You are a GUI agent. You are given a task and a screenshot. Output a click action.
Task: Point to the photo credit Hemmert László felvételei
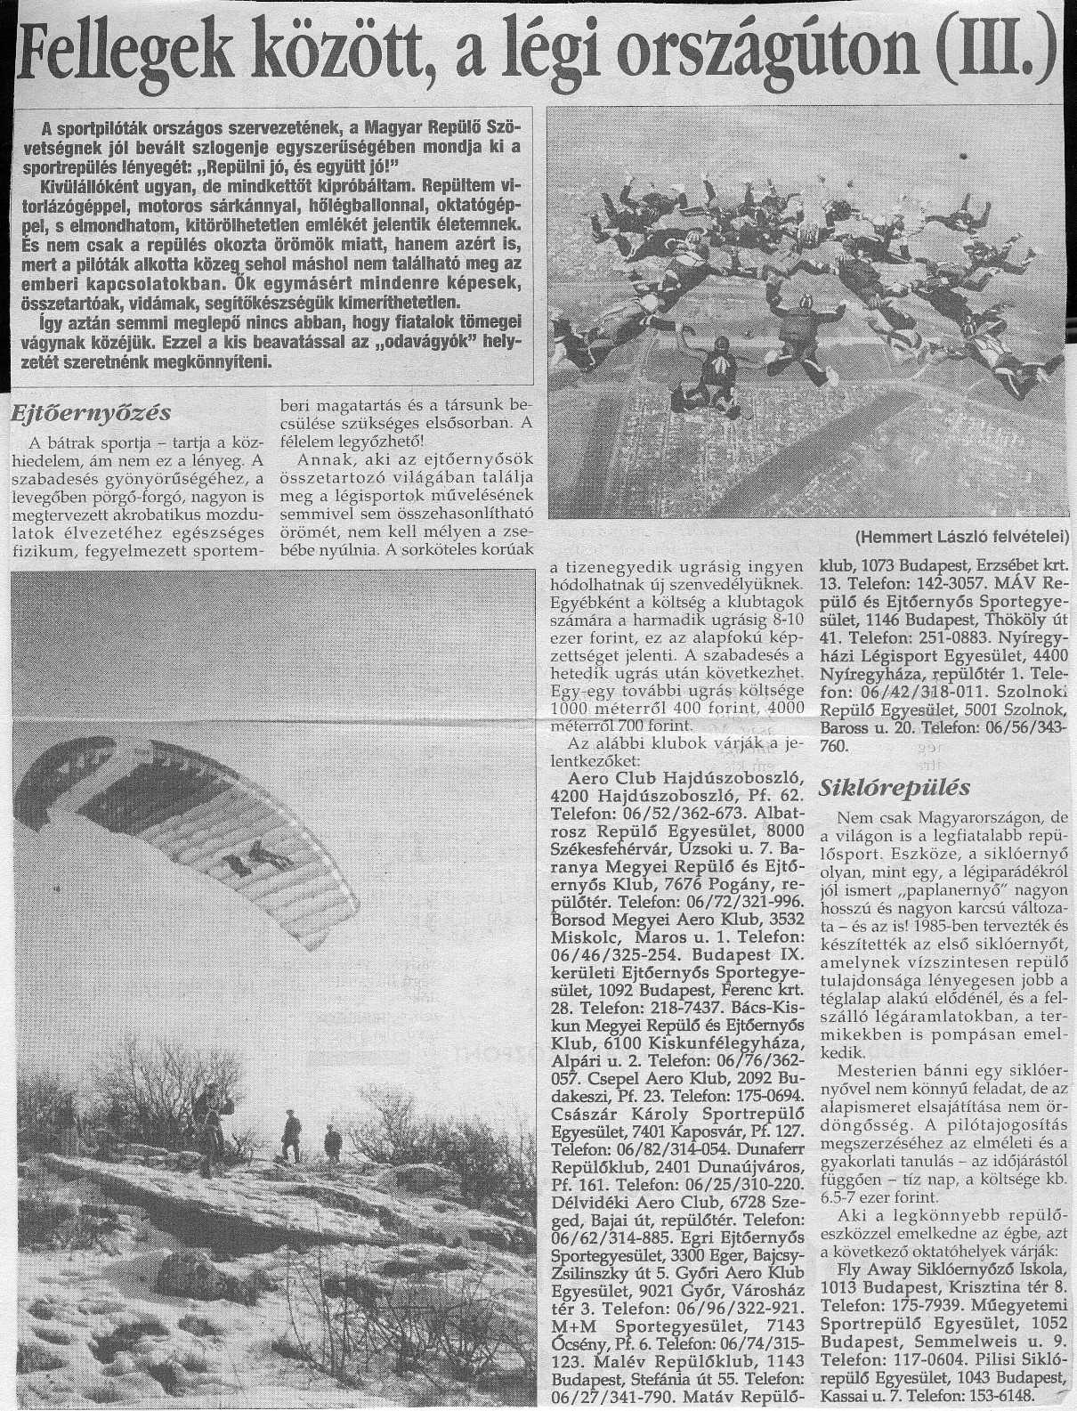click(x=964, y=537)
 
